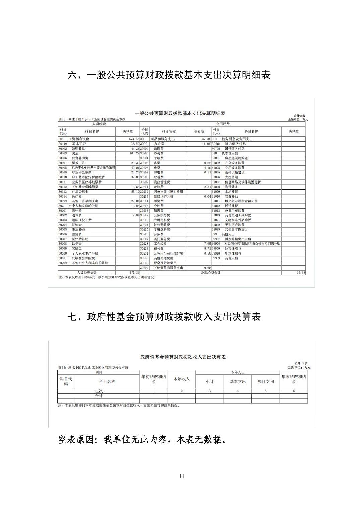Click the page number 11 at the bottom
182,476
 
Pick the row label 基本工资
79,144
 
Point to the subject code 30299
144,268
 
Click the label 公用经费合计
211,273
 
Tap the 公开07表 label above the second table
301,363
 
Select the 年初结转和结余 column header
154,379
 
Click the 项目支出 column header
266,382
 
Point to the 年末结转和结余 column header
294,379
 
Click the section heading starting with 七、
164,317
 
